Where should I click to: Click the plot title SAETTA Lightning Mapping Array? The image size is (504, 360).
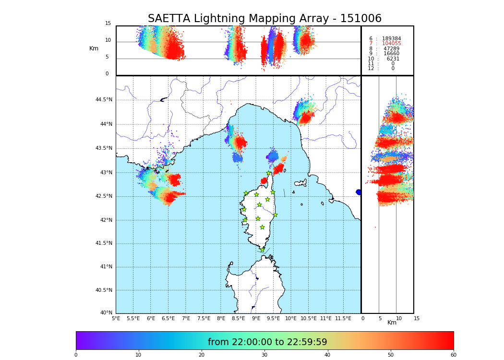264,19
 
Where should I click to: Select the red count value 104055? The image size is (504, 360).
391,44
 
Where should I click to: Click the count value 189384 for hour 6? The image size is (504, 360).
391,39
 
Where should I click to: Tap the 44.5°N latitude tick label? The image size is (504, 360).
104,100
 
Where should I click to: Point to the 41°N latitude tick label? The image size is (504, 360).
105,267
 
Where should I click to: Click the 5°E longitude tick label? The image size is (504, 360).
116,318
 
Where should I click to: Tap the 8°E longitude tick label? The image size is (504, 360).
221,318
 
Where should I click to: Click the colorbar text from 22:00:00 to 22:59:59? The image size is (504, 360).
267,342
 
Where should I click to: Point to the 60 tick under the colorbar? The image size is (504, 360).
453,355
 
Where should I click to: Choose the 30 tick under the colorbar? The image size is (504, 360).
264,355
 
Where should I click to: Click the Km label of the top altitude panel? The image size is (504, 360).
94,48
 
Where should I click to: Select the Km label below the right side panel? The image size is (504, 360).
392,323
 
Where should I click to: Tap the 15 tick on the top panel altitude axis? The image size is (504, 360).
108,24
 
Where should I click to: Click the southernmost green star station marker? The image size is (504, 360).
262,250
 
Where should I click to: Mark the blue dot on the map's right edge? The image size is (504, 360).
359,192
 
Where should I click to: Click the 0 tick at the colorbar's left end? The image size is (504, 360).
76,355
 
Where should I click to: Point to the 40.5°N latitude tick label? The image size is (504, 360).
104,290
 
